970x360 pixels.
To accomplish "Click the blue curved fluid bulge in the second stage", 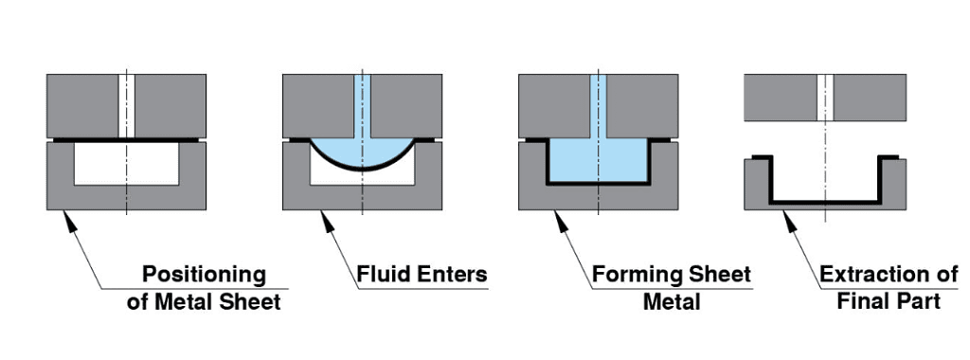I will pos(362,156).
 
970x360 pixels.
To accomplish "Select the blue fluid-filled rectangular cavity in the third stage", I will pos(598,161).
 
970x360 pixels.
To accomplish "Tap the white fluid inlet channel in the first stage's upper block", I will pos(126,104).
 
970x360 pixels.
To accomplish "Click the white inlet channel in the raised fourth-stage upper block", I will pos(825,97).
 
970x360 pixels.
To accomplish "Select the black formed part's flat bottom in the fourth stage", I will pos(825,201).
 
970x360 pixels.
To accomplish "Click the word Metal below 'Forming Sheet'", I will pos(672,302).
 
